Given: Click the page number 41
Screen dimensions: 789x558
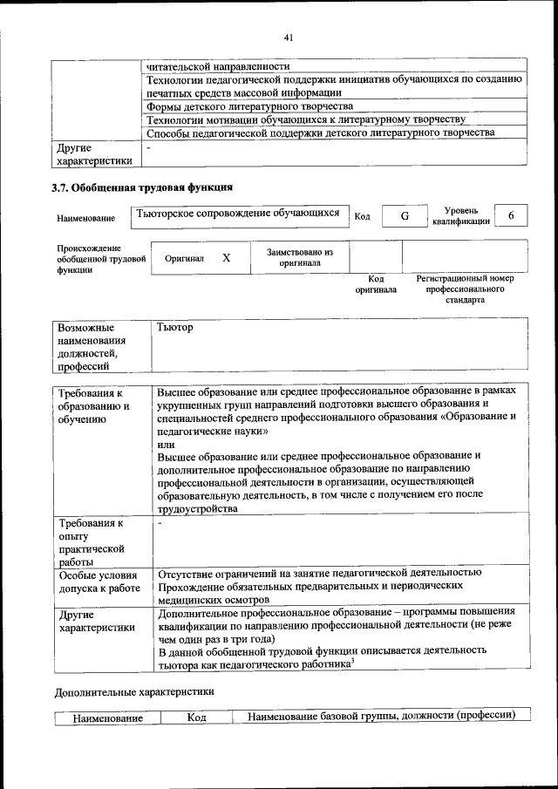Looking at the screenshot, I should click(289, 37).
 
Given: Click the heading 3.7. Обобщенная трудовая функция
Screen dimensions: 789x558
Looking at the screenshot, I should click(142, 187).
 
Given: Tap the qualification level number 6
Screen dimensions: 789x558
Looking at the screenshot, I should click(511, 215).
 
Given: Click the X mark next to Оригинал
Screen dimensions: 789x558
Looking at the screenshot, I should click(227, 258).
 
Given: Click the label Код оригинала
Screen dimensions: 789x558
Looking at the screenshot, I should click(375, 284).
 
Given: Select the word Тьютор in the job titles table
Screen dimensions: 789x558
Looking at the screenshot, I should click(174, 328).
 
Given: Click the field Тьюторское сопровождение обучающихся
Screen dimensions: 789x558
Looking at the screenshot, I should click(236, 213).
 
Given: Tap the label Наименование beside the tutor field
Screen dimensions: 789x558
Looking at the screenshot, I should click(85, 218).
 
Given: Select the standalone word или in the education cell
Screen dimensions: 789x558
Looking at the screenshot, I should click(166, 443).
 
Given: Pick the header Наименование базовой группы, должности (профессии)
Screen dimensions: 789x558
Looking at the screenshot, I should click(376, 716).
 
